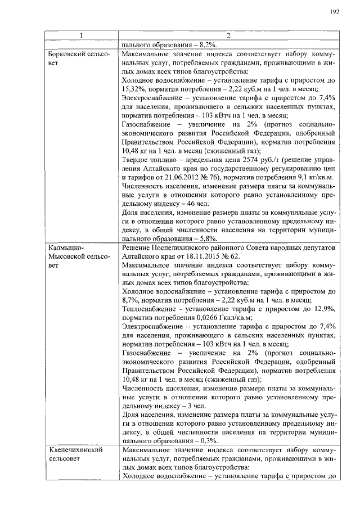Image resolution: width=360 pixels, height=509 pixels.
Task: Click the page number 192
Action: [x=335, y=11]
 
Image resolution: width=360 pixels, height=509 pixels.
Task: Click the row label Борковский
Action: [x=70, y=55]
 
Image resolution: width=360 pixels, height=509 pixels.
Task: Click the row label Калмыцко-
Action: [x=65, y=247]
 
